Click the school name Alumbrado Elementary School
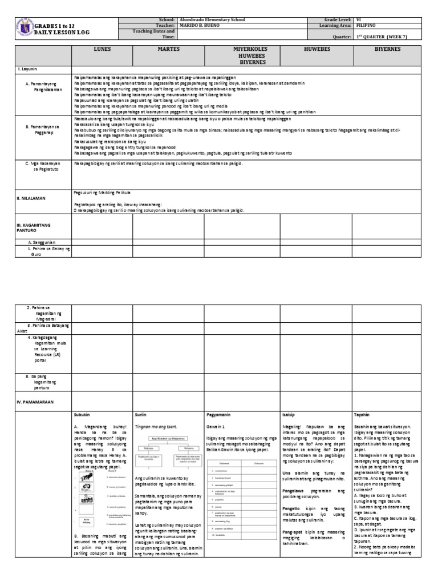click(212, 19)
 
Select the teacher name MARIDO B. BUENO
click(202, 26)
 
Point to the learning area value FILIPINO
click(366, 26)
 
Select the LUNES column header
click(102, 50)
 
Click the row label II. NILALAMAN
click(31, 198)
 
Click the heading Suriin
click(141, 414)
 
